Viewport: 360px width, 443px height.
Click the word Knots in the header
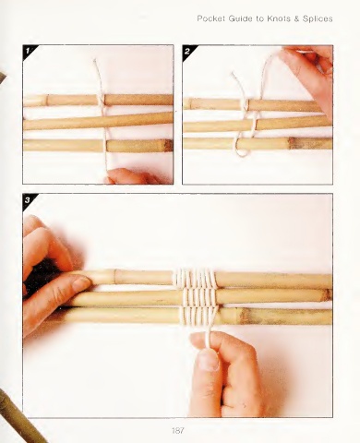tap(279, 18)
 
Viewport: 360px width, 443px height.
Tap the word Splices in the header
tap(318, 19)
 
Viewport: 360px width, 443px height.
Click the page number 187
tap(178, 431)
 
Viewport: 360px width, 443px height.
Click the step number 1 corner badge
tap(29, 50)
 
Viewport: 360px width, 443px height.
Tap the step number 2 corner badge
tap(188, 51)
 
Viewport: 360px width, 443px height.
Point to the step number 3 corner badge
tap(29, 199)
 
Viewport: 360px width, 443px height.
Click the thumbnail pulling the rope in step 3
tap(209, 361)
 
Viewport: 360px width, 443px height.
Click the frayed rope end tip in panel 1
tap(95, 60)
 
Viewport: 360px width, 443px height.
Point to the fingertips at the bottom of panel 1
tap(129, 176)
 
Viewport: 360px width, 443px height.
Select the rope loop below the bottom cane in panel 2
tap(242, 151)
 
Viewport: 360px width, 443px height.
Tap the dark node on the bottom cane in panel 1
tap(168, 146)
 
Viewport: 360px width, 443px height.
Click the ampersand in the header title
tap(296, 19)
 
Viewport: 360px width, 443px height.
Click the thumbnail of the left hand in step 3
tap(80, 283)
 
